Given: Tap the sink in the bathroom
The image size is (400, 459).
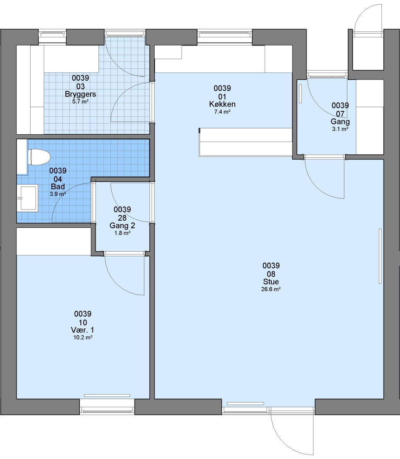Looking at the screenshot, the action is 27,198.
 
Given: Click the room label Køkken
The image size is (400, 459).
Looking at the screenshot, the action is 222,104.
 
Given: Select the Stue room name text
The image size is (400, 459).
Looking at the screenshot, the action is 271,282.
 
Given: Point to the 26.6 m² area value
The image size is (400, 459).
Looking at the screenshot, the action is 271,289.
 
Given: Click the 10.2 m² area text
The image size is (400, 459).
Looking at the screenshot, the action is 83,337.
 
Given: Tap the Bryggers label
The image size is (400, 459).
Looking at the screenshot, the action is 80,94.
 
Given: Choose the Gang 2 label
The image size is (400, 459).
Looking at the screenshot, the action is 122,225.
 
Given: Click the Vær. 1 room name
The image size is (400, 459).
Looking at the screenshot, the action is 82,330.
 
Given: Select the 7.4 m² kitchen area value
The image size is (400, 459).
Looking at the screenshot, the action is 222,112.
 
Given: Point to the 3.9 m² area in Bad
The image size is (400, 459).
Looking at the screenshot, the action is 58,194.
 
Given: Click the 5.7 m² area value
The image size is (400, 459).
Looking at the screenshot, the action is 80,102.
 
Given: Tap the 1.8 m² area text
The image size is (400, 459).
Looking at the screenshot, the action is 122,233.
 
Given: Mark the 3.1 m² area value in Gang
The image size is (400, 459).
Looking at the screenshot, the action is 340,129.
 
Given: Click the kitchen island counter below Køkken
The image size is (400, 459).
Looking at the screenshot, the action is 245,142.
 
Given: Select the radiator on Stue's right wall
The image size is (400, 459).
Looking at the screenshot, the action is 380,256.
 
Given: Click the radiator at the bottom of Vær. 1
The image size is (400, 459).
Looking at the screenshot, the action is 107,396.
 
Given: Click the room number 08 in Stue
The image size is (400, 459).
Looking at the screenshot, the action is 271,274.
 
